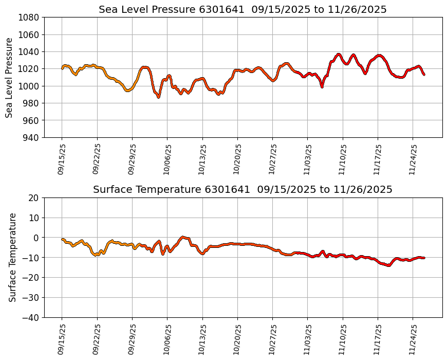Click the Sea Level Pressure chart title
[x=243, y=9]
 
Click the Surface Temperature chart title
[x=243, y=190]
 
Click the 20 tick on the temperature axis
[x=34, y=198]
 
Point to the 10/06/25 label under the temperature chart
[x=167, y=340]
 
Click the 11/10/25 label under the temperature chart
[x=343, y=340]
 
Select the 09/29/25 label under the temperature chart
[x=132, y=340]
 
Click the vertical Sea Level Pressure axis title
[x=9, y=77]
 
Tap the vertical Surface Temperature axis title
[x=12, y=257]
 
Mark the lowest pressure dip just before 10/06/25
[x=158, y=97]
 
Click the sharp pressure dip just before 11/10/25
[x=322, y=87]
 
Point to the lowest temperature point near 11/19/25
[x=388, y=265]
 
